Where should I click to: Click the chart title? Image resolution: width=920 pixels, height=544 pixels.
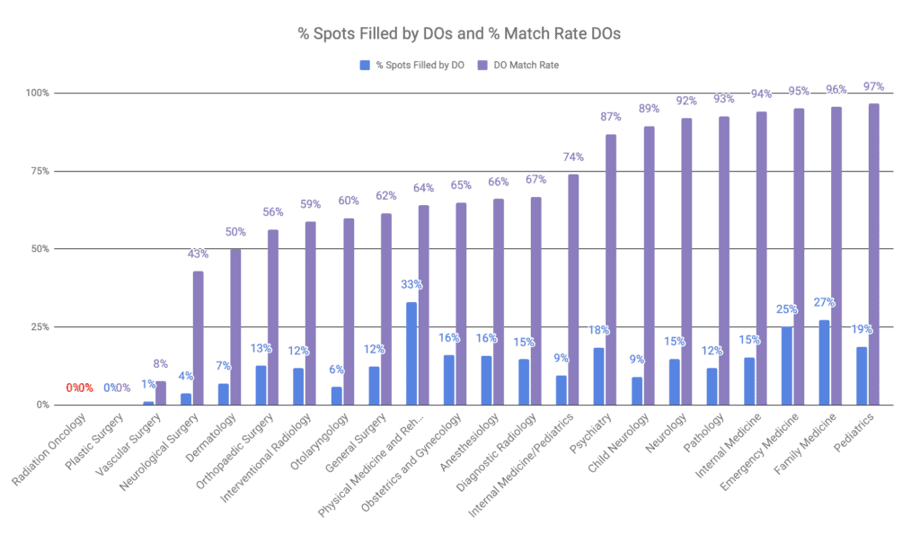click(459, 34)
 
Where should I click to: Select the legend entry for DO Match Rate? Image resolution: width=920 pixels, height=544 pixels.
click(520, 65)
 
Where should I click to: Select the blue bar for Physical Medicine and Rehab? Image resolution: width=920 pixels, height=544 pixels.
click(411, 353)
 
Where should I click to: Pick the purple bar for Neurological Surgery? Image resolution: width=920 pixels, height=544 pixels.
click(198, 338)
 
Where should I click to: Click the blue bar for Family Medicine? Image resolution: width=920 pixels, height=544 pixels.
click(824, 362)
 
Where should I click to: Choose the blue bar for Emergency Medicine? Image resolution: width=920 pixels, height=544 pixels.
click(787, 366)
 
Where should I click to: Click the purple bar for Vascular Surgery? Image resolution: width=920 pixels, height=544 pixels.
click(161, 393)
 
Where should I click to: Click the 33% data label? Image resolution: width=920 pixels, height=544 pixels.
click(411, 285)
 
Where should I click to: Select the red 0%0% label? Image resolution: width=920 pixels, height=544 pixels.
click(79, 388)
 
